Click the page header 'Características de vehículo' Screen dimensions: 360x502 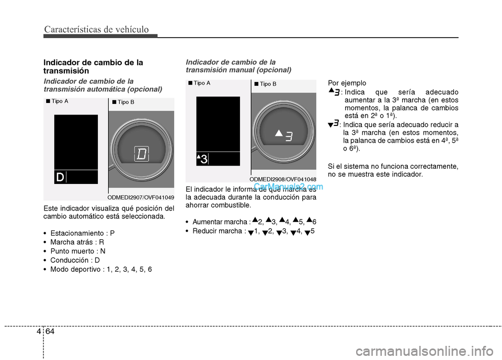coord(96,29)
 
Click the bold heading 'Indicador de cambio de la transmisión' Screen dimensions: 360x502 coord(93,66)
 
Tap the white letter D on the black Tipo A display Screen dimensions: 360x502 coord(60,178)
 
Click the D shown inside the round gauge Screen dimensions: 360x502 coord(142,154)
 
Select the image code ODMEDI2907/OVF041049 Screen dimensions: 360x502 coord(141,198)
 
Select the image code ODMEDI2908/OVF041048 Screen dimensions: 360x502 coord(283,179)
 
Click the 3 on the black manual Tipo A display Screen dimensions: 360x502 coord(204,159)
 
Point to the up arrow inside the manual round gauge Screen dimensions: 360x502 coord(279,133)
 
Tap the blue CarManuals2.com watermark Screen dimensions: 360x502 coord(288,186)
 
